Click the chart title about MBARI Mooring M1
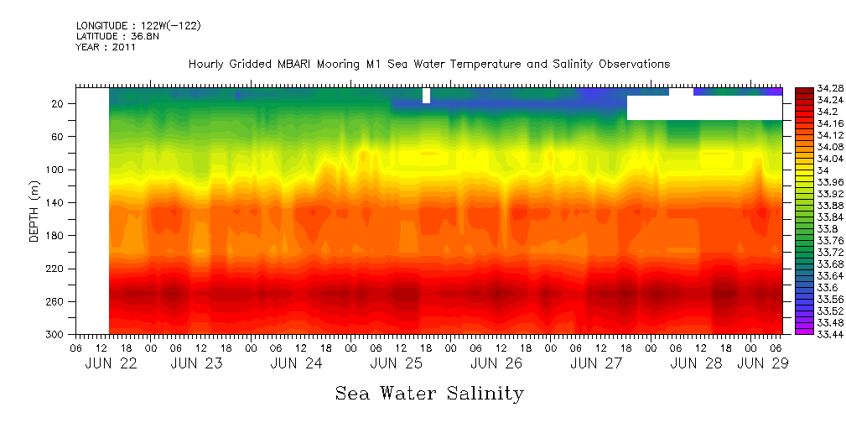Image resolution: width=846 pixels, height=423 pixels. click(x=429, y=65)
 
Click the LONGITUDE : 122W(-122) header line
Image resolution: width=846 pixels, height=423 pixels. click(x=138, y=25)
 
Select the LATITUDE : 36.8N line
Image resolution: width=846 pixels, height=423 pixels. click(x=117, y=36)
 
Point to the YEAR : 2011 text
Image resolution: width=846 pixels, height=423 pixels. click(x=106, y=47)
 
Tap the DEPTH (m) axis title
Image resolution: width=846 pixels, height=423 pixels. click(x=34, y=211)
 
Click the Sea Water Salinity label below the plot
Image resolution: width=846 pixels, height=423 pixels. click(x=429, y=394)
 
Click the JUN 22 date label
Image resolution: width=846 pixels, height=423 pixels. click(x=112, y=363)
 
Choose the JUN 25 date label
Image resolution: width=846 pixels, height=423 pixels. click(x=397, y=363)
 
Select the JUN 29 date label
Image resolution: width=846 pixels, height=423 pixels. click(x=762, y=363)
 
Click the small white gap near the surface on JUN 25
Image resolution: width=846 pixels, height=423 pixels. click(x=426, y=95)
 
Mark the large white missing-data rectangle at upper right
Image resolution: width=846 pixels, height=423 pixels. click(x=704, y=107)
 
